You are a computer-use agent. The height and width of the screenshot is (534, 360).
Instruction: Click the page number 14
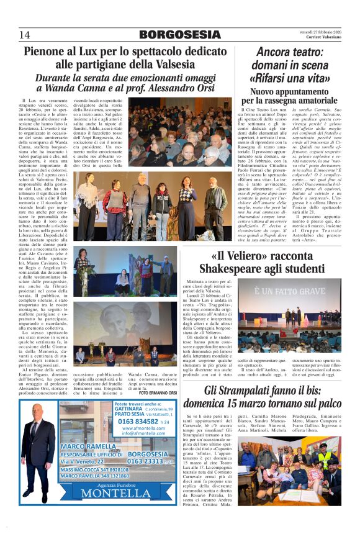[x=25, y=34]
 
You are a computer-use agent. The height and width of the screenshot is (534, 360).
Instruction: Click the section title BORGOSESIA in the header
[x=180, y=34]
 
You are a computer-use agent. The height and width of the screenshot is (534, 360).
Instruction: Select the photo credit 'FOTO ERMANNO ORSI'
[x=158, y=393]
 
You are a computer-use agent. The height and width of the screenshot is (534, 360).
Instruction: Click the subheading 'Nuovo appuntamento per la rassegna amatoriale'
[x=289, y=96]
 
